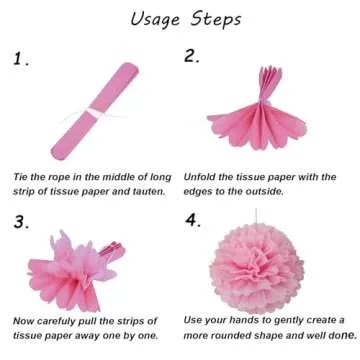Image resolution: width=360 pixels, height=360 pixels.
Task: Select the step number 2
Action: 193,57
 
